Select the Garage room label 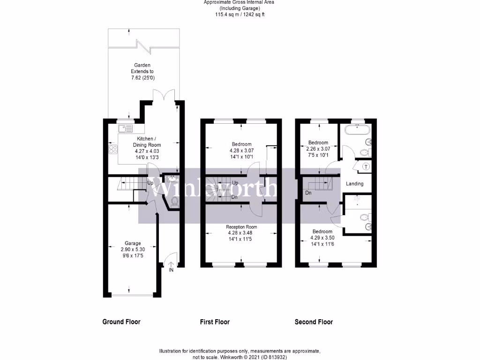(x=133, y=243)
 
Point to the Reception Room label (x=241, y=227)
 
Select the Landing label (x=355, y=184)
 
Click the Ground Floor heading (x=121, y=322)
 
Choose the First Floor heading (x=215, y=322)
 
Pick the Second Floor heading (x=314, y=322)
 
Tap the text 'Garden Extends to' (x=142, y=68)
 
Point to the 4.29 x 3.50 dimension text (x=322, y=238)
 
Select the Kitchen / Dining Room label (x=149, y=142)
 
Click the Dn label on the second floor (x=308, y=193)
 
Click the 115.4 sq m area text (x=239, y=15)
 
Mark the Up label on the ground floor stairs (x=151, y=182)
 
